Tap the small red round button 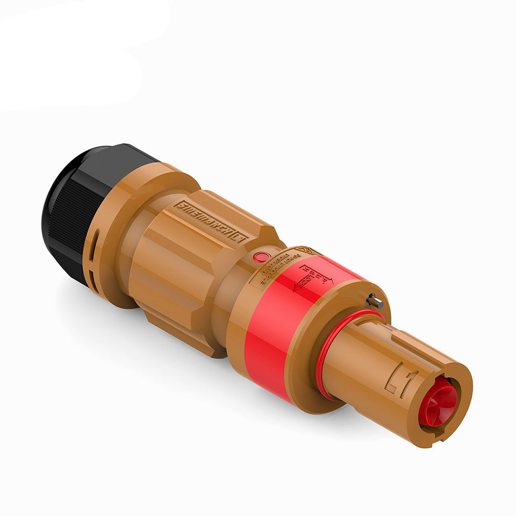(261, 257)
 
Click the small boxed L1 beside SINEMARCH (239, 236)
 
